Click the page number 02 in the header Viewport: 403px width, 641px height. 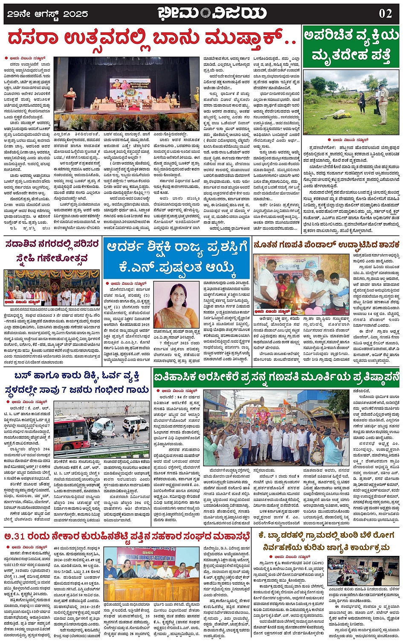(x=385, y=13)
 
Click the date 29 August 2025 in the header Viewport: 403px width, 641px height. (x=48, y=14)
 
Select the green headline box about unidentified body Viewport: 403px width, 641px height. (x=351, y=46)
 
